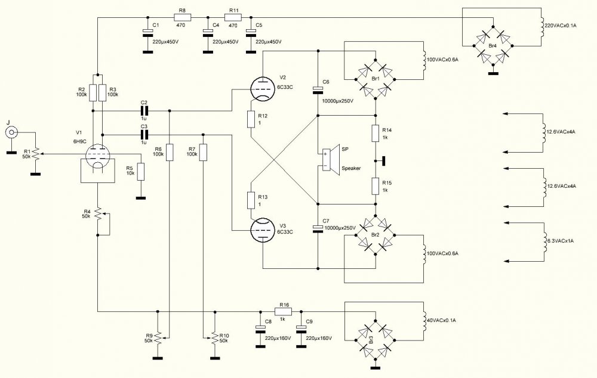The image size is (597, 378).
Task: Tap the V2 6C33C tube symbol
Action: click(261, 89)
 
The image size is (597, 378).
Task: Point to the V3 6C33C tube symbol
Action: click(261, 229)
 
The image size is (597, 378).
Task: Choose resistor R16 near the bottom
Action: click(283, 311)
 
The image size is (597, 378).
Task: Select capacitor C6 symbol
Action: click(318, 89)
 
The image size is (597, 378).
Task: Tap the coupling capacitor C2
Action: click(143, 110)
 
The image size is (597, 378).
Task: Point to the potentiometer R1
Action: click(35, 154)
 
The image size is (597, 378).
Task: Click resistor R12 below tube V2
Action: click(251, 119)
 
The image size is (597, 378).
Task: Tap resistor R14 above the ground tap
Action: click(375, 132)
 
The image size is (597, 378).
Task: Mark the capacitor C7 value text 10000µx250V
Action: click(338, 228)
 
